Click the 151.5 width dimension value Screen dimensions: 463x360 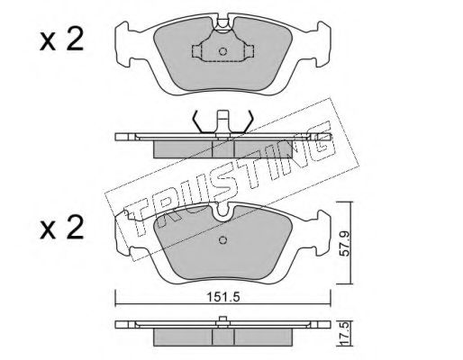[x=222, y=297]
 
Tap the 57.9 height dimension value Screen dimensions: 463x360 [x=345, y=242]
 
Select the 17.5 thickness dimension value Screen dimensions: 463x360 [x=345, y=333]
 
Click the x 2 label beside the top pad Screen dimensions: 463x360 [x=61, y=40]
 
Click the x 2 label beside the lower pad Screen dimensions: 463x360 [x=61, y=229]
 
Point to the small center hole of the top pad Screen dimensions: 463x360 [x=222, y=51]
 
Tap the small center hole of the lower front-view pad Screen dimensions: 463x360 [x=222, y=240]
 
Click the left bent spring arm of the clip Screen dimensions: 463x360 [x=198, y=121]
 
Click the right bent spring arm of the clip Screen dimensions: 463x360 [x=248, y=121]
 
